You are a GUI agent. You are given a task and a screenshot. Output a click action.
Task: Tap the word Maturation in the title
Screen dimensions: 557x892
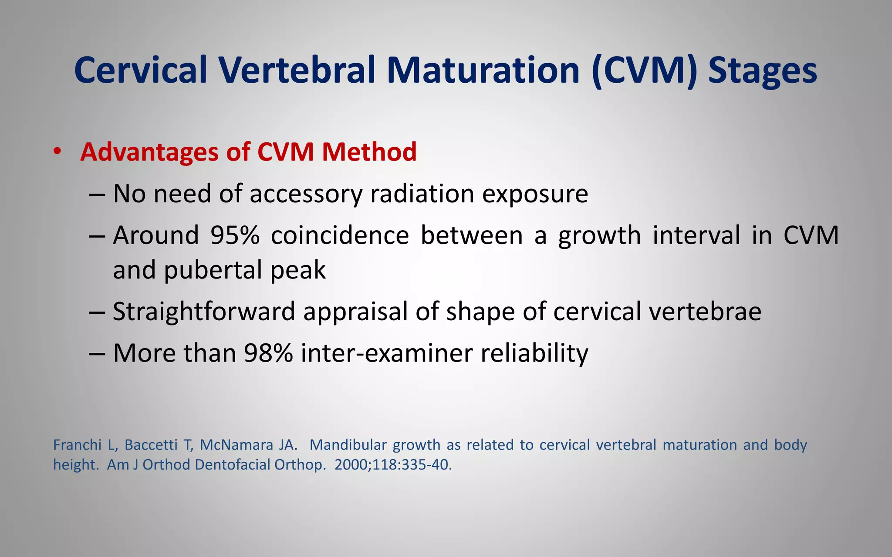(483, 70)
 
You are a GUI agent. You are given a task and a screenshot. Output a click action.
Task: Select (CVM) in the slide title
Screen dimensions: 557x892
(645, 70)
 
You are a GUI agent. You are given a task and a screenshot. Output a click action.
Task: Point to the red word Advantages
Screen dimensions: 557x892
(150, 152)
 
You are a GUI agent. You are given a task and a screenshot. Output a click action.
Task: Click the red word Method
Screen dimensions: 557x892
(369, 152)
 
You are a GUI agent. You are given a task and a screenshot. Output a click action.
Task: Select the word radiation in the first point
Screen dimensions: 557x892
(422, 194)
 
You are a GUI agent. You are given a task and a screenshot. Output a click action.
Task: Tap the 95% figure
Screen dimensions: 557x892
(235, 235)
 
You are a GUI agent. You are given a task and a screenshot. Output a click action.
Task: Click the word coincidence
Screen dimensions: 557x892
(340, 235)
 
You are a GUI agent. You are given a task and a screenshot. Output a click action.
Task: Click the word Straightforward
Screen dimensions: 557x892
(204, 312)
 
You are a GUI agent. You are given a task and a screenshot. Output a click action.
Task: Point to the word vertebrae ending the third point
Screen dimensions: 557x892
(705, 312)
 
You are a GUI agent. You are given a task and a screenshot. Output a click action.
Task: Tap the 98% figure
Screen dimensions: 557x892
(268, 353)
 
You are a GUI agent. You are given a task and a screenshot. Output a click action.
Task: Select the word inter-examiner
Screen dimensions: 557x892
(386, 353)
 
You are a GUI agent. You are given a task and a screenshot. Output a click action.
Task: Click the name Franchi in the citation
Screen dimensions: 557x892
(77, 445)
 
